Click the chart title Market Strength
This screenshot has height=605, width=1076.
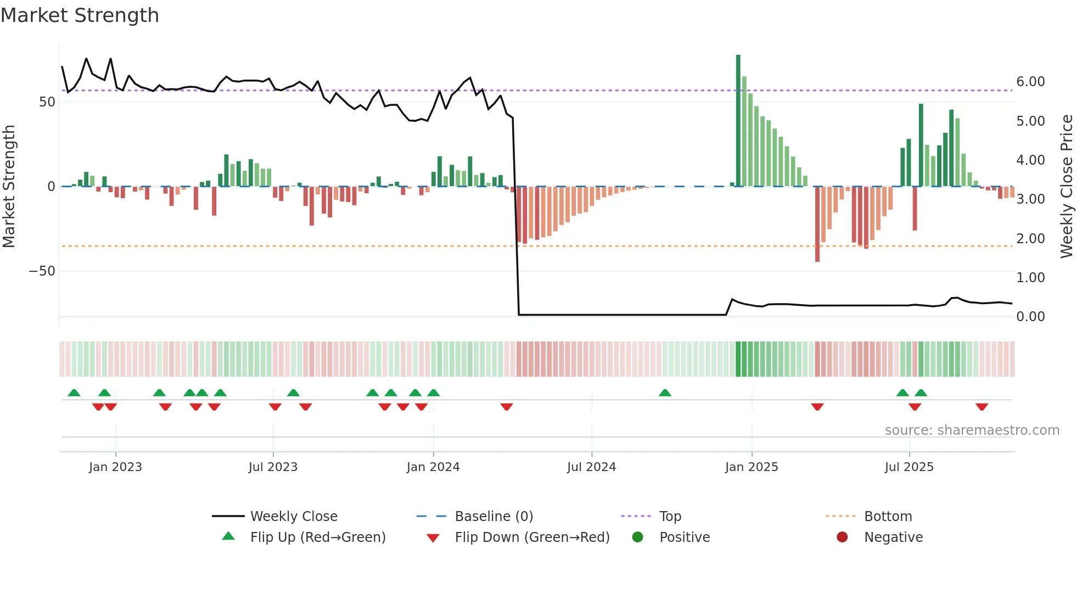pos(80,15)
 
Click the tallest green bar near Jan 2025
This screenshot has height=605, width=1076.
pos(738,121)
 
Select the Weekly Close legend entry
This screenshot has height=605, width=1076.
pos(293,517)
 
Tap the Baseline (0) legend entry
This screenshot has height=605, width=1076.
pos(494,517)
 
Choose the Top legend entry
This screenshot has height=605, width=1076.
pos(670,517)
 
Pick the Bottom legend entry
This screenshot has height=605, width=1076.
pos(888,517)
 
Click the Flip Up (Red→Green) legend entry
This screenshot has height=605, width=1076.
pos(317,537)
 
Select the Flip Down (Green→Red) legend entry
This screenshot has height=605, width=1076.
pos(531,537)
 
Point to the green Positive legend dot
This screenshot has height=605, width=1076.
pos(637,537)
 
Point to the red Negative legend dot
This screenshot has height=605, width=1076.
pos(842,537)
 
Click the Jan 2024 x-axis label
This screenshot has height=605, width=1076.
pos(433,467)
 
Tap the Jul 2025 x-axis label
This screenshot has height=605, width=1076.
pos(909,467)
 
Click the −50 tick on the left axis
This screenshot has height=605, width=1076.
pos(42,271)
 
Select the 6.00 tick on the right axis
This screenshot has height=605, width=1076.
pos(1030,82)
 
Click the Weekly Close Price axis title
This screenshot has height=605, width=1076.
pos(1066,187)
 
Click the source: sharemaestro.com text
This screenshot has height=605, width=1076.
pos(972,430)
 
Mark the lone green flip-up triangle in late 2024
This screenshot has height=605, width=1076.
pos(665,393)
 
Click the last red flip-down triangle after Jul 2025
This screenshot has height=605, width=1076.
pos(982,407)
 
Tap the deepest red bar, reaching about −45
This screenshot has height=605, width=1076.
pos(817,225)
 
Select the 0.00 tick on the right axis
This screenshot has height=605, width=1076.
pos(1030,317)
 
